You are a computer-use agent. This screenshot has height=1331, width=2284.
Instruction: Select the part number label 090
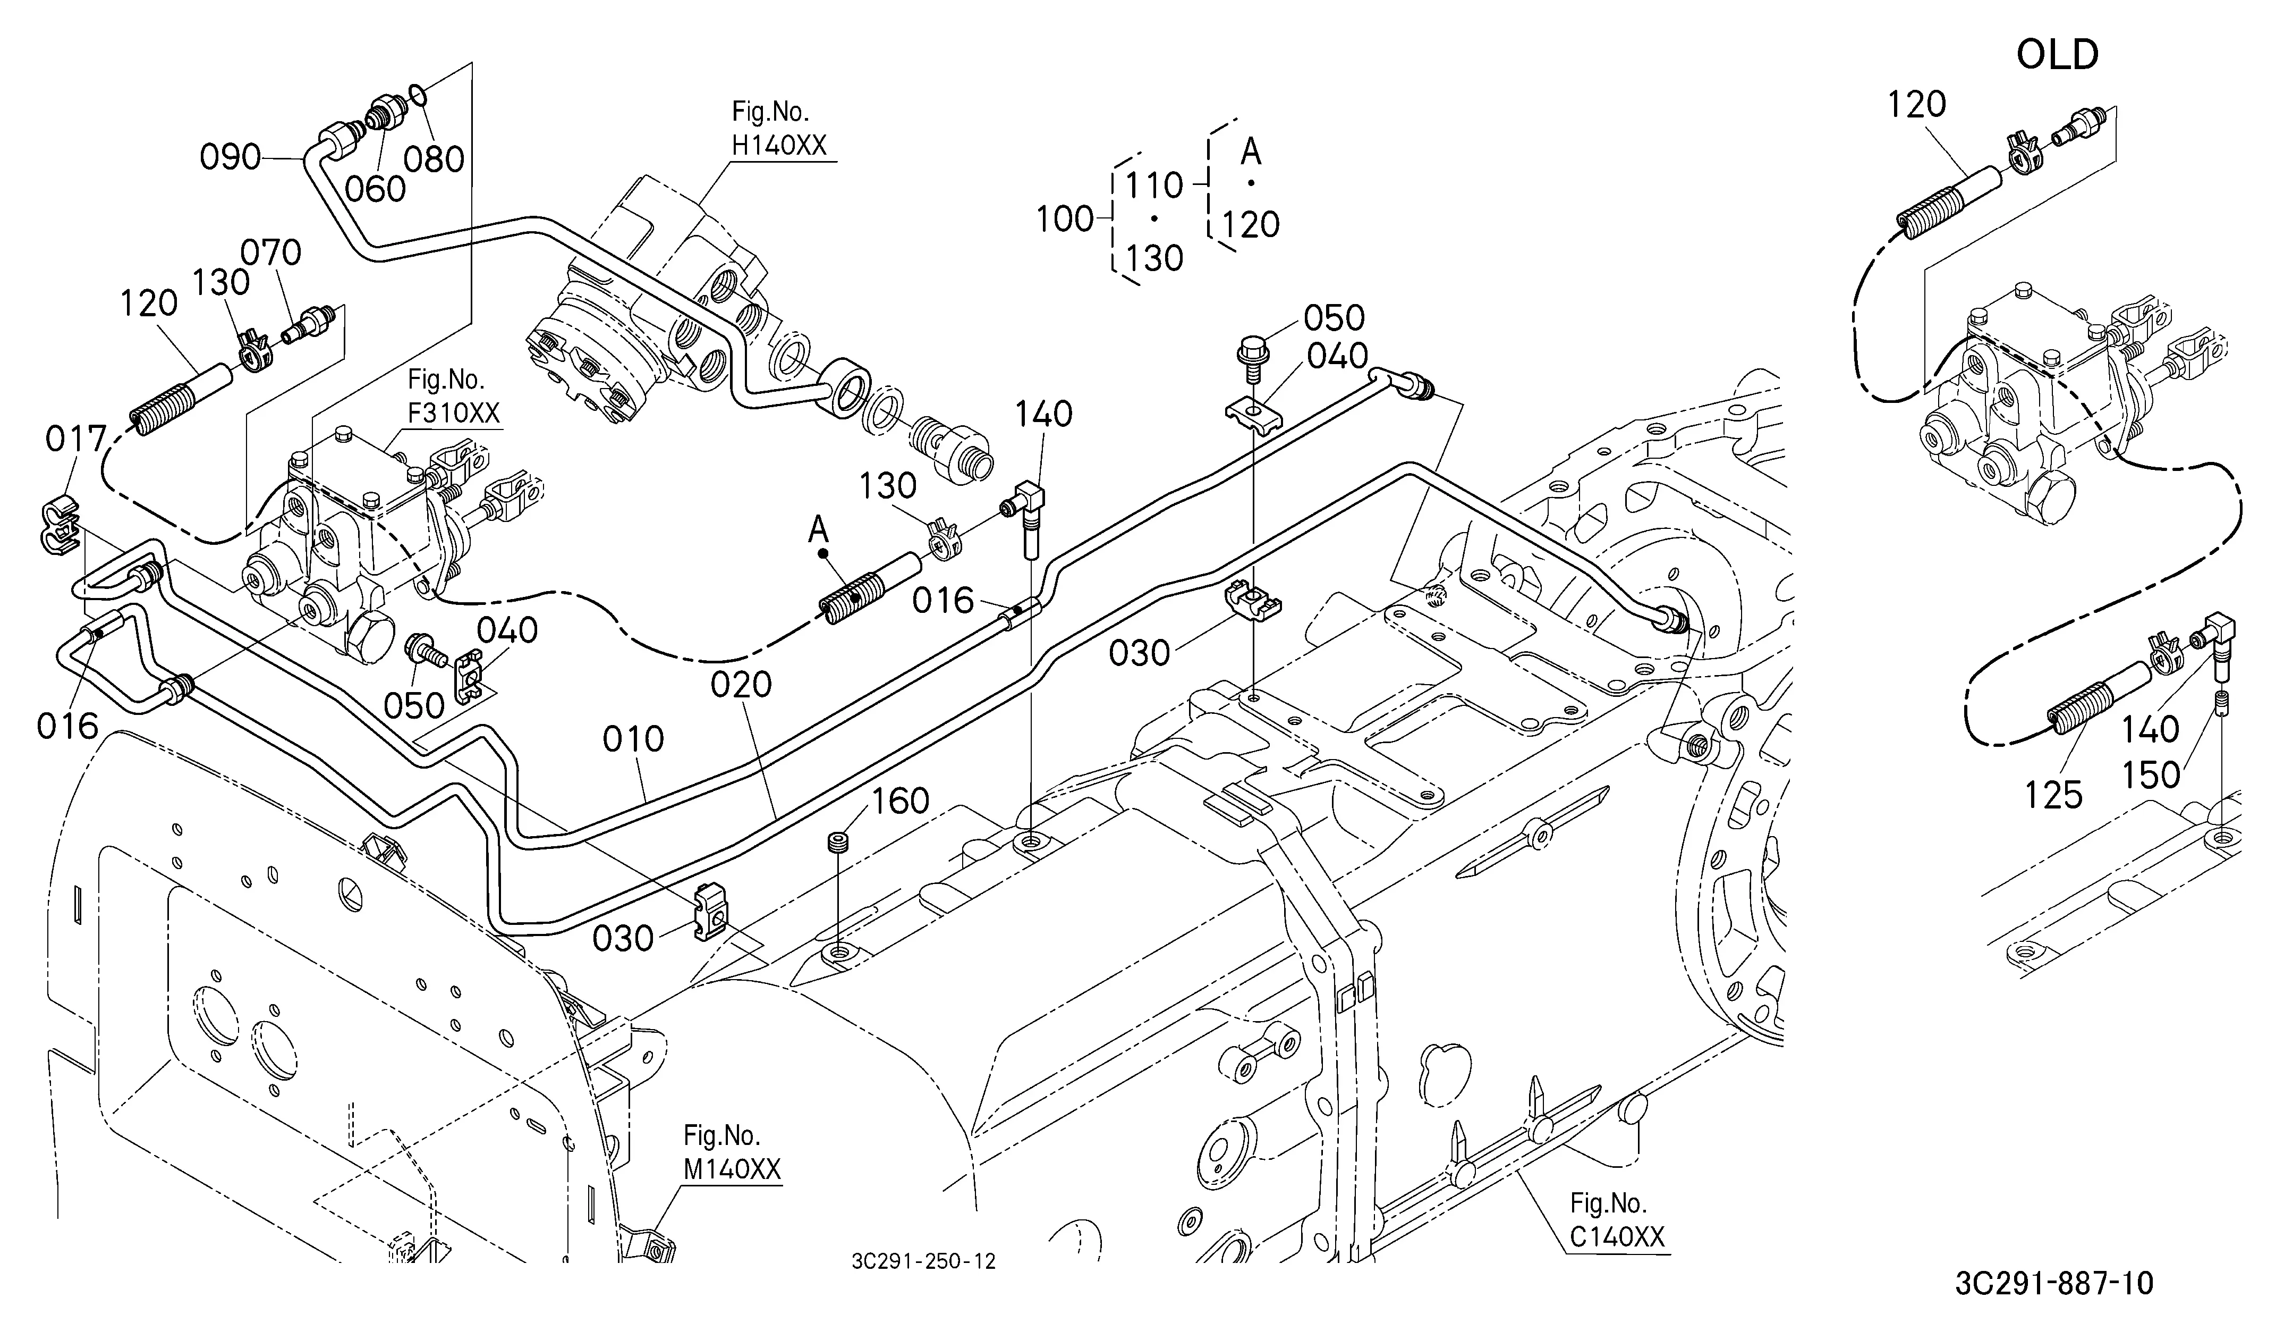(230, 158)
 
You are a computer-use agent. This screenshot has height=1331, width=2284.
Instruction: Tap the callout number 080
(434, 159)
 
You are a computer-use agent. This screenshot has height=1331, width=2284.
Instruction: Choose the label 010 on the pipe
(633, 740)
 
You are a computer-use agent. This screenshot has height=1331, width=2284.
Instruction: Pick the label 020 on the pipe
(741, 685)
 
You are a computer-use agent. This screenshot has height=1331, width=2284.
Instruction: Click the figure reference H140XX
(779, 145)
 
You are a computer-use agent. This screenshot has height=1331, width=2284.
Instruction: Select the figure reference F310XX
(453, 412)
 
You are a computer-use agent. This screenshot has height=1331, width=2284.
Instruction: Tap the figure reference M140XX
(732, 1169)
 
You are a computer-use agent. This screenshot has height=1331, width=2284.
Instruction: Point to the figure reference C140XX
(1617, 1237)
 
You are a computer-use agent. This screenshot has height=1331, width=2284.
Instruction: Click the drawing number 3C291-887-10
(2054, 1283)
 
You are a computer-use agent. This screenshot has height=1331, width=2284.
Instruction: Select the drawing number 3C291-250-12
(923, 1261)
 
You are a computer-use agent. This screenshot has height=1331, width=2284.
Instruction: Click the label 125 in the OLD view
(2054, 795)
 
